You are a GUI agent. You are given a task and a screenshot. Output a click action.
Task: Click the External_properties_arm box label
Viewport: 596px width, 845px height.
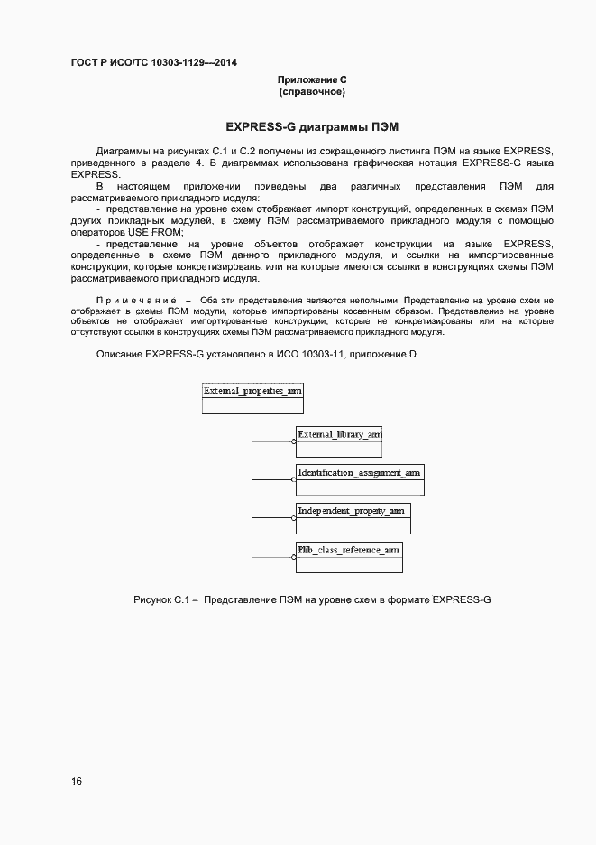(x=252, y=391)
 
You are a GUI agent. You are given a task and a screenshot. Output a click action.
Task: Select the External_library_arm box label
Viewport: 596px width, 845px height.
(x=339, y=434)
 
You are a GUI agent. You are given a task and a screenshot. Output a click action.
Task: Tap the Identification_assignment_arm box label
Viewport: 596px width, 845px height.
(x=359, y=472)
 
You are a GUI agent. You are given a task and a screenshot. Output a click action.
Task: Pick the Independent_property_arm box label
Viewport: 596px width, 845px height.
(x=351, y=511)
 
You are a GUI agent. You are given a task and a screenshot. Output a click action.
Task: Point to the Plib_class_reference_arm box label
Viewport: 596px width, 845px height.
(x=348, y=549)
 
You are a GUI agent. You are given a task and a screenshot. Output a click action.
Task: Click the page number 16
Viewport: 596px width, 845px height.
(x=77, y=781)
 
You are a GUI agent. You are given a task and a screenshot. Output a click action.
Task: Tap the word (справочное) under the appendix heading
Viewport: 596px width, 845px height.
(x=312, y=93)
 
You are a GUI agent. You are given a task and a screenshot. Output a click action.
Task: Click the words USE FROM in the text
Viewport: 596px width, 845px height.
(x=157, y=232)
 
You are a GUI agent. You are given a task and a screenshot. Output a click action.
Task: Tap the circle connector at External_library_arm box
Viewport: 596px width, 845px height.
(x=295, y=442)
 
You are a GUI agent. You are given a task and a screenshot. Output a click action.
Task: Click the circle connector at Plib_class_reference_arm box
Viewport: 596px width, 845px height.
(x=295, y=556)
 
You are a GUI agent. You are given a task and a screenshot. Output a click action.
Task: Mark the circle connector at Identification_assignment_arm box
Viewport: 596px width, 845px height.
(x=295, y=480)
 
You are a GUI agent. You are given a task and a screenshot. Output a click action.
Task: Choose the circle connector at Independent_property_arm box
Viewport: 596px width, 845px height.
(x=295, y=519)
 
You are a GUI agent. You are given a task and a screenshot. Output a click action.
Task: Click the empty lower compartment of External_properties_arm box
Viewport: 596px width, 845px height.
(x=252, y=406)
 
